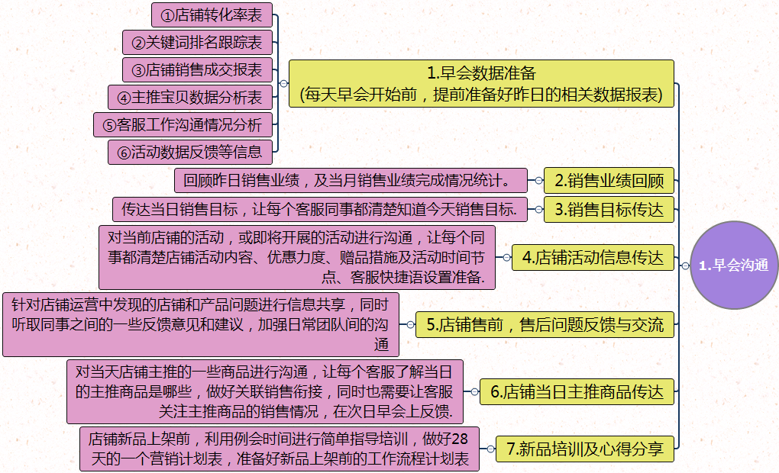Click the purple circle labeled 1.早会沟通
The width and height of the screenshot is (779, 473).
[733, 265]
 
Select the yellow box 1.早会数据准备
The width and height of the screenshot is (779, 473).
[481, 84]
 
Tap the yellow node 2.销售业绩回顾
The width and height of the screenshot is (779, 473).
[609, 182]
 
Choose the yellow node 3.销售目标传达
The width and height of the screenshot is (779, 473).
[609, 209]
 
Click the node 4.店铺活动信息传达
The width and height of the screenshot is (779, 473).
[593, 258]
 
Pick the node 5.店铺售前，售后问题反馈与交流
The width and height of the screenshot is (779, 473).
[545, 324]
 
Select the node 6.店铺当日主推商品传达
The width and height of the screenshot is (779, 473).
[577, 392]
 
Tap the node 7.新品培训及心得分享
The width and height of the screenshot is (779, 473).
[585, 449]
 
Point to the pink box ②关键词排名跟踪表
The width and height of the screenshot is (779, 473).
[197, 42]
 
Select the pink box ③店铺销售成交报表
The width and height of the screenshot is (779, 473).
[197, 69]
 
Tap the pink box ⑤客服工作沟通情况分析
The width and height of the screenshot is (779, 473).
[183, 124]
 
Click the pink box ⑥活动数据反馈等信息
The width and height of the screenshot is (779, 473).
[189, 152]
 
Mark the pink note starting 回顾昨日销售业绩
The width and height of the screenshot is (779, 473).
[351, 181]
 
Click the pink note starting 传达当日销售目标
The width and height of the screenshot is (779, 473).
[319, 209]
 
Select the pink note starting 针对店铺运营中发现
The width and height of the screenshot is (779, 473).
[201, 324]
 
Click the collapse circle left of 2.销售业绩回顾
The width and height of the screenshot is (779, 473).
[538, 181]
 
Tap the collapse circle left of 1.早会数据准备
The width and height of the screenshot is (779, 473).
[283, 84]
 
